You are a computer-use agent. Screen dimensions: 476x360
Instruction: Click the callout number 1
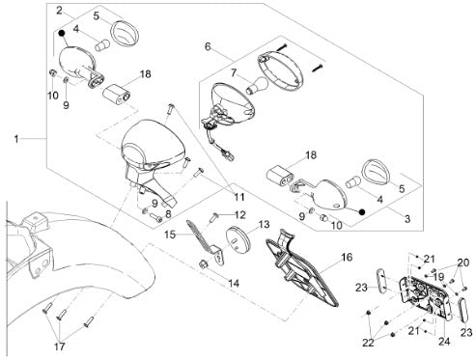coord(16,140)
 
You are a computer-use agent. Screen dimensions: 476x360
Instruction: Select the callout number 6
coord(208,47)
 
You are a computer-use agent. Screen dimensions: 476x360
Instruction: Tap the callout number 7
coord(235,73)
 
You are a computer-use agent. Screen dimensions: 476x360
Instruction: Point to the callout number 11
coord(239,197)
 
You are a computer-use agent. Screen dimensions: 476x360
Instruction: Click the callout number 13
coord(264,224)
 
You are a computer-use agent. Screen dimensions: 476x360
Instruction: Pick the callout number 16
coord(347,257)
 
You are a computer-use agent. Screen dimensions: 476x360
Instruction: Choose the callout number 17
coord(60,346)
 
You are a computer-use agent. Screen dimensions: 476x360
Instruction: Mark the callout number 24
coord(444,342)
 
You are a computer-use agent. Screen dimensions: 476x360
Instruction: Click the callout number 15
coord(170,235)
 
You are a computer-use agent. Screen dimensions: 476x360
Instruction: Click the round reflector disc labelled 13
coord(238,238)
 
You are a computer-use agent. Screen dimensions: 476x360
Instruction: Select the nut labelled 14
coord(203,264)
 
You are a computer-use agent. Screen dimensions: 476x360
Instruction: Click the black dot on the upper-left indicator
coord(61,33)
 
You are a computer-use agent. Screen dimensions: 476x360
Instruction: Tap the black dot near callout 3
coord(362,212)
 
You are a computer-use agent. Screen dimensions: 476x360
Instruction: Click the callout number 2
coord(59,11)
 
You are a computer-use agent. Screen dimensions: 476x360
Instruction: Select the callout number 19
coord(438,277)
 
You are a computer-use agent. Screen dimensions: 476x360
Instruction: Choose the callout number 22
coord(368,343)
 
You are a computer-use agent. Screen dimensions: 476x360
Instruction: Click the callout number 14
coord(234,283)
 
